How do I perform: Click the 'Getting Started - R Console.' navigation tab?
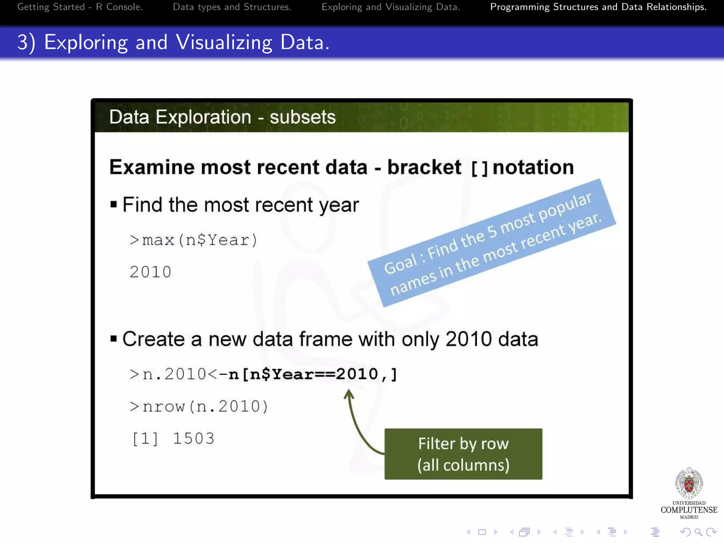click(80, 7)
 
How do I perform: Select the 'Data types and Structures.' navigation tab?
click(232, 7)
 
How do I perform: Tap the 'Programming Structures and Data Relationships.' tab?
click(598, 7)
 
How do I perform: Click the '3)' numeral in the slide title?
click(26, 42)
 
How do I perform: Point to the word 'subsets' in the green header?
click(303, 117)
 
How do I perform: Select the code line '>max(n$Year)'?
click(193, 240)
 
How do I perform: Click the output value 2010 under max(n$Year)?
click(151, 272)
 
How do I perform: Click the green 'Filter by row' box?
click(463, 454)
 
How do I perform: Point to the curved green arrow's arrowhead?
click(349, 393)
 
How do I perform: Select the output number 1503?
click(194, 439)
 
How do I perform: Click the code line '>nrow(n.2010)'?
click(199, 407)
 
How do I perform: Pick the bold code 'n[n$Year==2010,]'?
click(313, 374)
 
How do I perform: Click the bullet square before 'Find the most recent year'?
click(113, 204)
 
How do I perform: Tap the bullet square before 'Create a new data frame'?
click(113, 339)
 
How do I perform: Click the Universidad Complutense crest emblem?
click(689, 483)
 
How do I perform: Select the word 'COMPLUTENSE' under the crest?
click(689, 510)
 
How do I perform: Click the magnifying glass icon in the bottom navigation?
click(698, 532)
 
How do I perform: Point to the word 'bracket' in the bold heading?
click(424, 167)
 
